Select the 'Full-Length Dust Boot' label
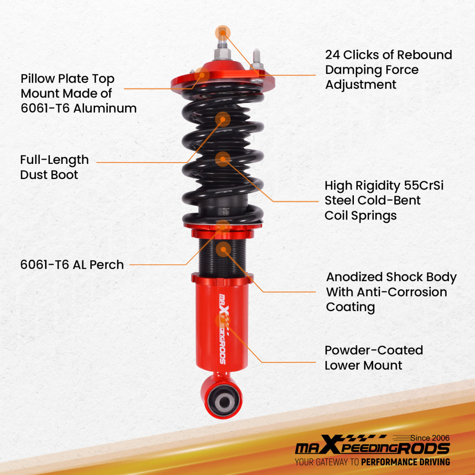point(54,167)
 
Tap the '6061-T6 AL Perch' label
point(72,265)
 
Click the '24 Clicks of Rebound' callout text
point(388,55)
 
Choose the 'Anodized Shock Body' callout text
point(391,277)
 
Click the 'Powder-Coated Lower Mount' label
point(373,358)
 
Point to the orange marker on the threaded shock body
point(223,248)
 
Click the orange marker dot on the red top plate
point(202,74)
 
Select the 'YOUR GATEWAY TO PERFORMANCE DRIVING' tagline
point(372,462)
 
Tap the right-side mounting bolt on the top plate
point(256,59)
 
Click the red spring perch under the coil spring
point(222,233)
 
